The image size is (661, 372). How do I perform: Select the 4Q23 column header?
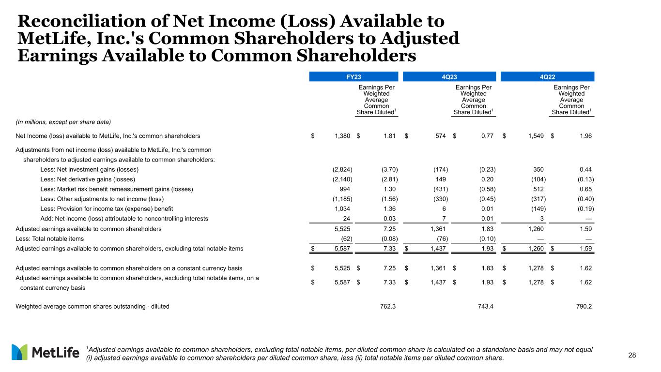click(x=449, y=76)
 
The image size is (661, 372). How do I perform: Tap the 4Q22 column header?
click(x=547, y=76)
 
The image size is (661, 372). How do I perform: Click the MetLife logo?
click(x=46, y=353)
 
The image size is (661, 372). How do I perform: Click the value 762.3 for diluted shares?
click(x=386, y=307)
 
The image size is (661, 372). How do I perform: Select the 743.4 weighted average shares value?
click(x=484, y=307)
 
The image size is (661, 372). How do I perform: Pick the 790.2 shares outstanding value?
click(x=582, y=307)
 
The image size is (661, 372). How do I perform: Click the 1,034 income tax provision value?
click(x=342, y=208)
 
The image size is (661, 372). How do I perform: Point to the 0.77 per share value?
click(x=486, y=136)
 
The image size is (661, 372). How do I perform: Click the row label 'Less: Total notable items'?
click(x=50, y=238)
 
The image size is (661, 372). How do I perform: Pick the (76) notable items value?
click(x=440, y=238)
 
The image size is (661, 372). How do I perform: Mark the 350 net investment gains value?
click(x=538, y=169)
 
